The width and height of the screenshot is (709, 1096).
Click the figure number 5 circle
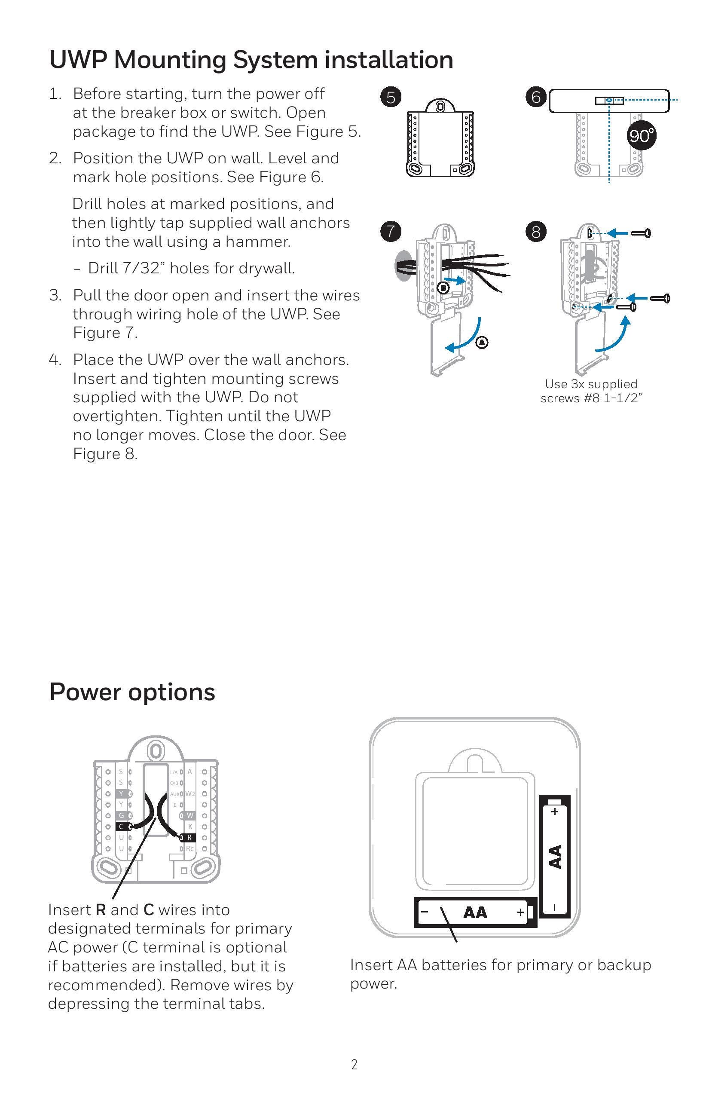pyautogui.click(x=391, y=97)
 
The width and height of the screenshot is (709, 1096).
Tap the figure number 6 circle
pyautogui.click(x=535, y=97)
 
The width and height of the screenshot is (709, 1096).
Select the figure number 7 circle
pyautogui.click(x=391, y=231)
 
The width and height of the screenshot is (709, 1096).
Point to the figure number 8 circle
pyautogui.click(x=535, y=231)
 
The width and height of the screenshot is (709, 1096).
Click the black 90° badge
pyautogui.click(x=641, y=135)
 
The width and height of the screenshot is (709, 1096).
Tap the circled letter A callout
pyautogui.click(x=482, y=342)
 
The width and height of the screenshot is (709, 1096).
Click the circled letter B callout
pyautogui.click(x=443, y=288)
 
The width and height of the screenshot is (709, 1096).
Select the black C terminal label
pyautogui.click(x=122, y=827)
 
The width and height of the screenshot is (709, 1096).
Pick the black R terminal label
pyautogui.click(x=189, y=838)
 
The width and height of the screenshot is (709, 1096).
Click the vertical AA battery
pyautogui.click(x=555, y=856)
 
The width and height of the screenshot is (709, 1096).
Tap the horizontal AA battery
pyautogui.click(x=475, y=912)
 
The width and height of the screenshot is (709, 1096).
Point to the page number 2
pyautogui.click(x=354, y=1065)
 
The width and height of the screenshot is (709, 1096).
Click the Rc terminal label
pyautogui.click(x=189, y=848)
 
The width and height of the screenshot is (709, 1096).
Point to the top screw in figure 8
pyautogui.click(x=640, y=233)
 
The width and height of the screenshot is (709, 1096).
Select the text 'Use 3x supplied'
pyautogui.click(x=591, y=384)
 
